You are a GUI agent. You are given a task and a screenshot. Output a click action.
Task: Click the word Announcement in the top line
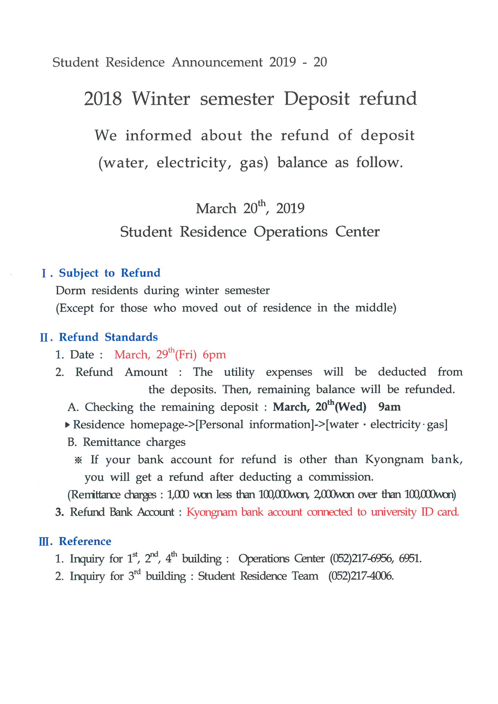coord(217,62)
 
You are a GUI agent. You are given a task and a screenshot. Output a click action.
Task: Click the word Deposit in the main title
coord(316,99)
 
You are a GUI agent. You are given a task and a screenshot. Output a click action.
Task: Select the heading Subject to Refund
coord(110,273)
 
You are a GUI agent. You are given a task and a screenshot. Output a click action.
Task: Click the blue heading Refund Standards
coord(108,337)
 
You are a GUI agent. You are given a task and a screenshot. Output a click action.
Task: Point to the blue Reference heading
coord(85,541)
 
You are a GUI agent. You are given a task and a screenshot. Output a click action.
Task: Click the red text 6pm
coord(214,355)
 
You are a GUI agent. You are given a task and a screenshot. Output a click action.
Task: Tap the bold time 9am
coord(389,407)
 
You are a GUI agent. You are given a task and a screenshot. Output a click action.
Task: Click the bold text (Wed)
coord(350,407)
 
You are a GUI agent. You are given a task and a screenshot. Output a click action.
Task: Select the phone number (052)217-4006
coord(361,576)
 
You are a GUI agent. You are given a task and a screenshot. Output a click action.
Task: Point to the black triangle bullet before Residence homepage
coord(67,425)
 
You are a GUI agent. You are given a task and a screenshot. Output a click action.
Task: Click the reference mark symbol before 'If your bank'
coord(78,460)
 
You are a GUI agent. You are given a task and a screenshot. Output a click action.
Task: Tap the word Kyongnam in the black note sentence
coord(394,459)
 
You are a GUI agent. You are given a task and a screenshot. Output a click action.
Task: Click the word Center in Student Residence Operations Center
coord(357,232)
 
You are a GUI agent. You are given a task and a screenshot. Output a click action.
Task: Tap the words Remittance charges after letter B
coord(134,442)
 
